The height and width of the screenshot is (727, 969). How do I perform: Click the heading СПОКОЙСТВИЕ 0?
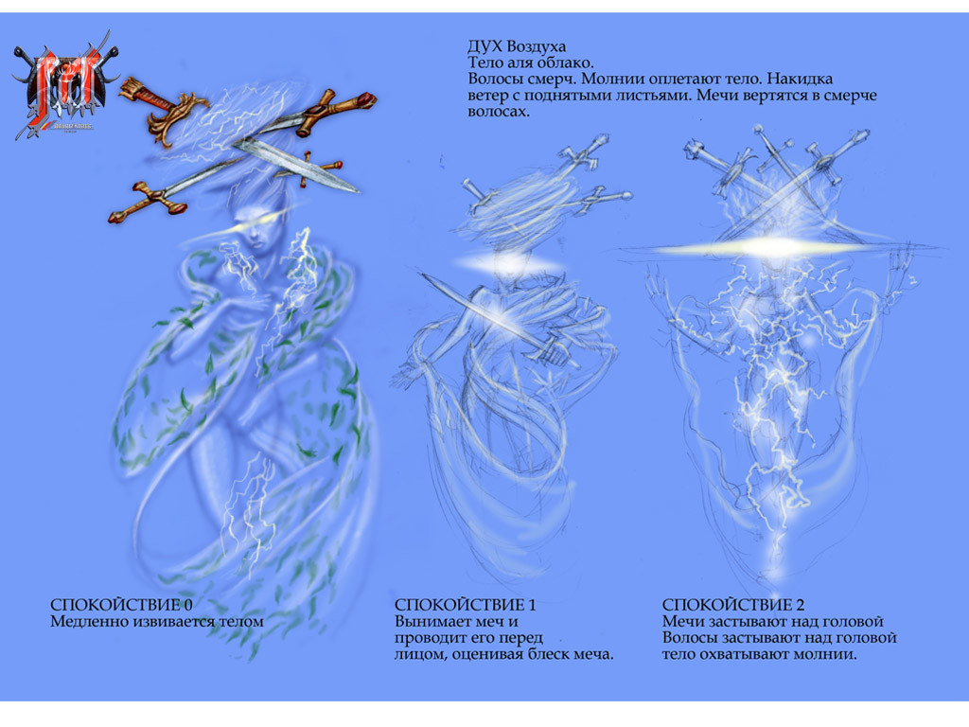(x=121, y=605)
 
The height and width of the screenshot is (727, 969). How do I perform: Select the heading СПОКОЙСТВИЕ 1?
(x=465, y=605)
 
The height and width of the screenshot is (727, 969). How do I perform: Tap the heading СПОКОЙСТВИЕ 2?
(x=733, y=605)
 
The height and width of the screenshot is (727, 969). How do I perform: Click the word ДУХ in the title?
(x=484, y=46)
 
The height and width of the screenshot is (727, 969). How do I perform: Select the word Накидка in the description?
(x=803, y=80)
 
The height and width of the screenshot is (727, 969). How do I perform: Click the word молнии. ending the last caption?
(x=826, y=654)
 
